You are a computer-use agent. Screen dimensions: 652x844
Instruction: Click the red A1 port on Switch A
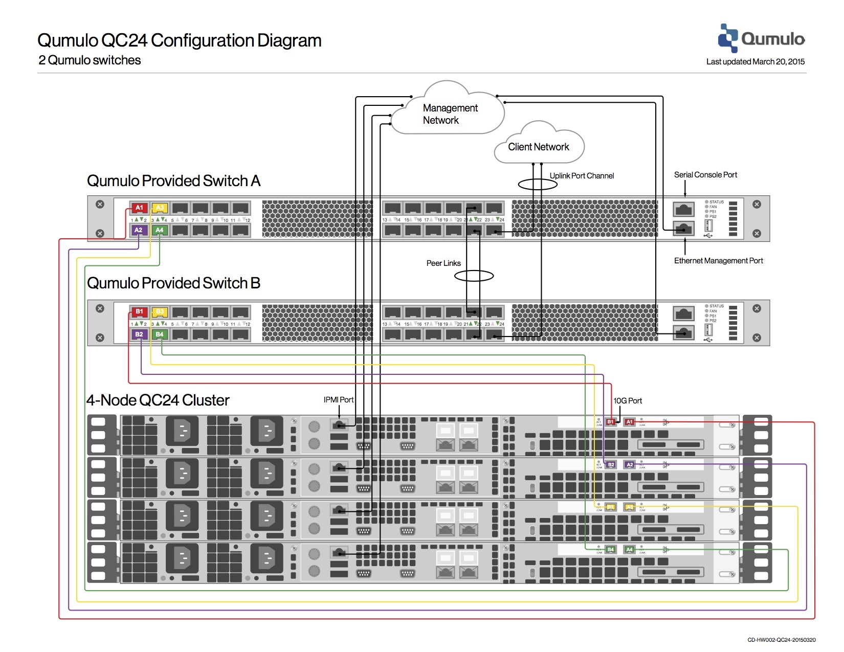(x=139, y=208)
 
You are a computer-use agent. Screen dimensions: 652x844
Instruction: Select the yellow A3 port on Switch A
(x=160, y=208)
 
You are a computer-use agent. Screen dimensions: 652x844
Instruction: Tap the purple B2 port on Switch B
(x=139, y=334)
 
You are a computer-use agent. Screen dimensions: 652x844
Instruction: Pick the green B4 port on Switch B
(x=160, y=334)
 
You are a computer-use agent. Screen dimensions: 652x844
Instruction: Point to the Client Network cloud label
(x=538, y=147)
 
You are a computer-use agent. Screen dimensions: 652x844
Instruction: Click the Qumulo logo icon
(x=728, y=38)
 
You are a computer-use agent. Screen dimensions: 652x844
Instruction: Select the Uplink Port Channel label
(x=582, y=176)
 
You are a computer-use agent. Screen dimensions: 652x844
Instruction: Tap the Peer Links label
(x=443, y=263)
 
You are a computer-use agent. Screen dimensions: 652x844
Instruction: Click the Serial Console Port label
(x=705, y=175)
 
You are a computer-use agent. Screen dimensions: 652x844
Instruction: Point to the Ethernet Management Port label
(x=718, y=261)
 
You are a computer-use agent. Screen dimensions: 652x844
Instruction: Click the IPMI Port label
(x=338, y=400)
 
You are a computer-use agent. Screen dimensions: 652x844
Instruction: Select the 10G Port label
(x=628, y=401)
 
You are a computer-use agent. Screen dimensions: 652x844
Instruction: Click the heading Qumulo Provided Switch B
(x=173, y=283)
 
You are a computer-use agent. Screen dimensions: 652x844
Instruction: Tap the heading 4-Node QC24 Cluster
(x=158, y=400)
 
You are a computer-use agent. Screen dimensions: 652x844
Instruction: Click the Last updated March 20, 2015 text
(x=755, y=62)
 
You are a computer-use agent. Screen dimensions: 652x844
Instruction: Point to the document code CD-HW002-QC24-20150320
(x=781, y=640)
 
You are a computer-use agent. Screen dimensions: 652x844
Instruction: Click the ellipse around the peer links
(x=474, y=276)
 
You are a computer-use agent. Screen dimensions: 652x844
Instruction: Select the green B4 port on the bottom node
(x=610, y=550)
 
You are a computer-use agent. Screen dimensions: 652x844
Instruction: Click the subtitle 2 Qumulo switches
(x=90, y=60)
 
